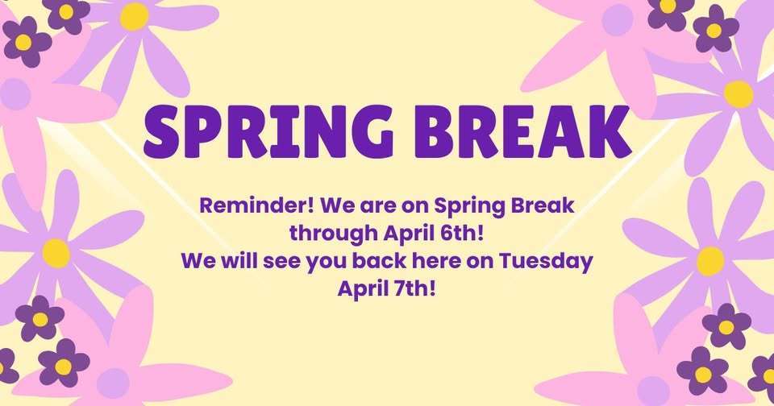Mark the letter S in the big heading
click(x=164, y=130)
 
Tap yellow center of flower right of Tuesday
click(x=710, y=260)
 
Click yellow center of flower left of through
click(x=56, y=252)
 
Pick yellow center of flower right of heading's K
click(x=738, y=93)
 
